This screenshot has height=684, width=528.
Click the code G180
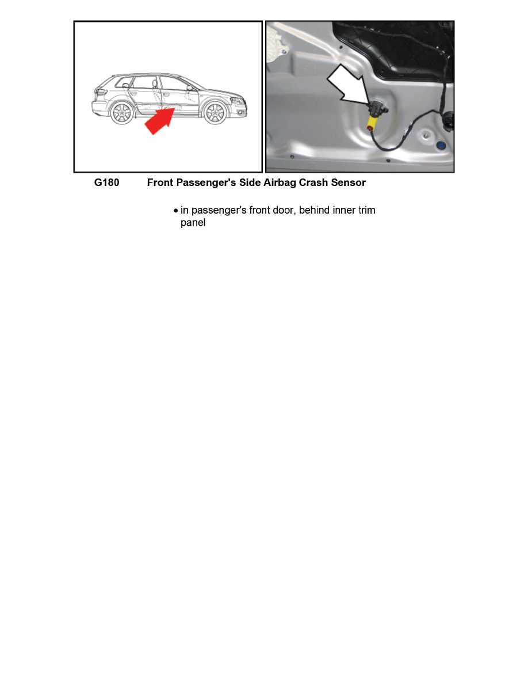(x=106, y=183)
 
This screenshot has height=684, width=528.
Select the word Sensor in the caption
(x=347, y=183)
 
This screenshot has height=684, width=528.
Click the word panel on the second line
(x=193, y=223)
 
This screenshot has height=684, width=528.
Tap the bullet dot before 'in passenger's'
(x=176, y=211)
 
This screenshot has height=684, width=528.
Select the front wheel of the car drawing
(x=216, y=113)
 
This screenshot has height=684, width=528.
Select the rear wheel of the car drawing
(x=122, y=113)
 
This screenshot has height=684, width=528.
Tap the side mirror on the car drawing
(x=189, y=89)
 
